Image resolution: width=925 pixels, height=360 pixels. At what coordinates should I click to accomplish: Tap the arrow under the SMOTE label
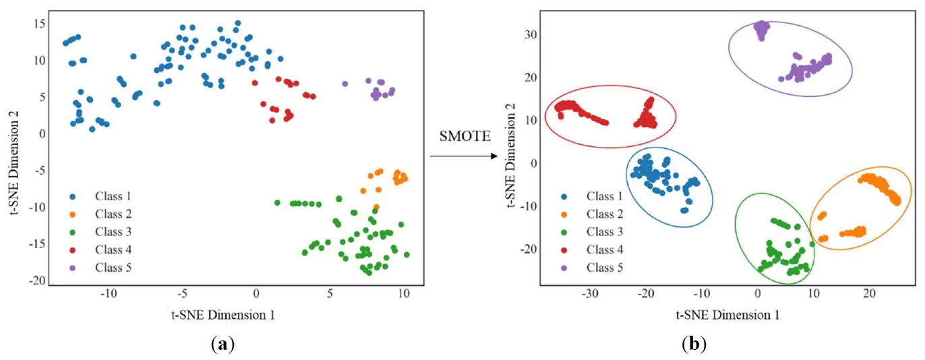(x=464, y=156)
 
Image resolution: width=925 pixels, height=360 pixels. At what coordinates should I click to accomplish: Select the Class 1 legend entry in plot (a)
(x=113, y=196)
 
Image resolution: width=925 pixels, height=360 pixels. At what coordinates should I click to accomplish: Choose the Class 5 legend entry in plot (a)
(x=113, y=268)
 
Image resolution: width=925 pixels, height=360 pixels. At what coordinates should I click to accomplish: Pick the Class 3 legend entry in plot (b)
(x=604, y=232)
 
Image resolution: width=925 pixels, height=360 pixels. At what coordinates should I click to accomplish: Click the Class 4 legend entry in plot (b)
(x=604, y=249)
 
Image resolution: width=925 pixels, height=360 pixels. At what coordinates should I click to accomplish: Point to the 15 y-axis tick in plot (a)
(x=38, y=24)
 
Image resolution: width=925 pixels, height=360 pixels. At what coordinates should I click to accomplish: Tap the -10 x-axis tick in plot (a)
(x=107, y=294)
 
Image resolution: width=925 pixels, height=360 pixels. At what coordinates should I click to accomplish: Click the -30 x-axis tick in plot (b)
(x=591, y=294)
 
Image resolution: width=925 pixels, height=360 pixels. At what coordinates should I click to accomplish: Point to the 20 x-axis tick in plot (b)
(x=869, y=294)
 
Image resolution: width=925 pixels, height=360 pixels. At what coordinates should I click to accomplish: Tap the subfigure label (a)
(x=222, y=345)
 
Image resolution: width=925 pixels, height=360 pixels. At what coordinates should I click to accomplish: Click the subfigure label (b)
(x=694, y=345)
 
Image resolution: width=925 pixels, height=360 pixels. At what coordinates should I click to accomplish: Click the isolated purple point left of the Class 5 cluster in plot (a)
(x=345, y=84)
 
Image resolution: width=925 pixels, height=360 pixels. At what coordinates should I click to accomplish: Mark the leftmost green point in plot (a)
(x=277, y=202)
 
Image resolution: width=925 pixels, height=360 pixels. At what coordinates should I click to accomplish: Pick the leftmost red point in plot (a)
(x=255, y=83)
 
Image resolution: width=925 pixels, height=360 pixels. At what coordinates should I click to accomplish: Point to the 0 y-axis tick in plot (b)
(x=532, y=163)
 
